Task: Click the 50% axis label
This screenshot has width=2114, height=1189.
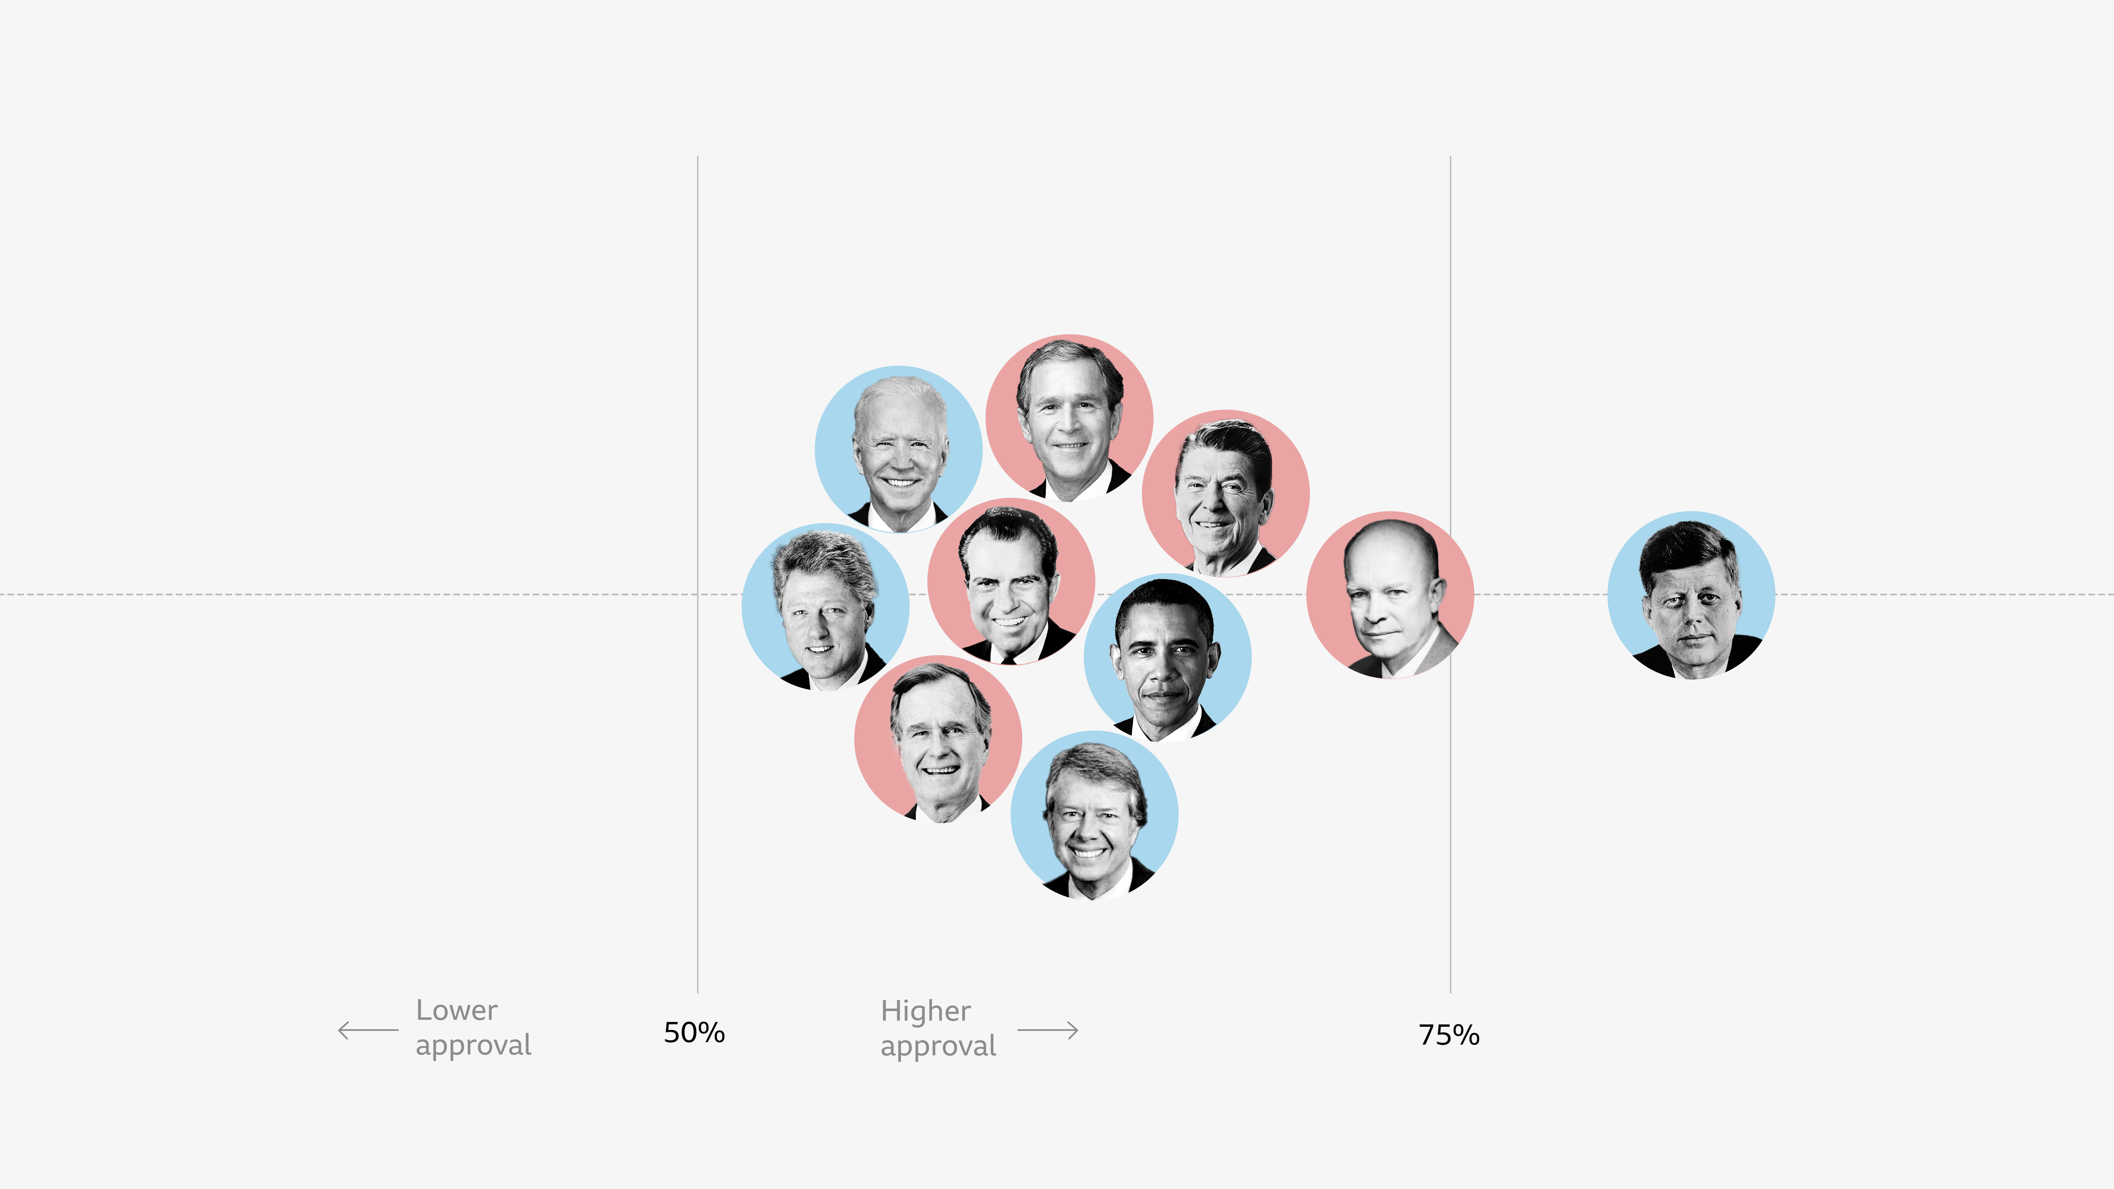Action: click(x=694, y=1032)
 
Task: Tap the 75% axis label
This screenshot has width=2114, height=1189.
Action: click(x=1448, y=1035)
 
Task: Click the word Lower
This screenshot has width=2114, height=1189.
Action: click(x=456, y=1010)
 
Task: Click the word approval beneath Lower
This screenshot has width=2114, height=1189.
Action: click(x=474, y=1045)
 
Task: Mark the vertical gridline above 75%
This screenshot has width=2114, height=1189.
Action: click(x=1450, y=369)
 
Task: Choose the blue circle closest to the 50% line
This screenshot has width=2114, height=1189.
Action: click(x=825, y=607)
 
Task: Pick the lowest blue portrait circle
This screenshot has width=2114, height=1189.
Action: click(x=1094, y=815)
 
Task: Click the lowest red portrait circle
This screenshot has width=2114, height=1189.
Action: click(x=937, y=739)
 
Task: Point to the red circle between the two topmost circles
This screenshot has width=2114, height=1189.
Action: click(x=1011, y=581)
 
